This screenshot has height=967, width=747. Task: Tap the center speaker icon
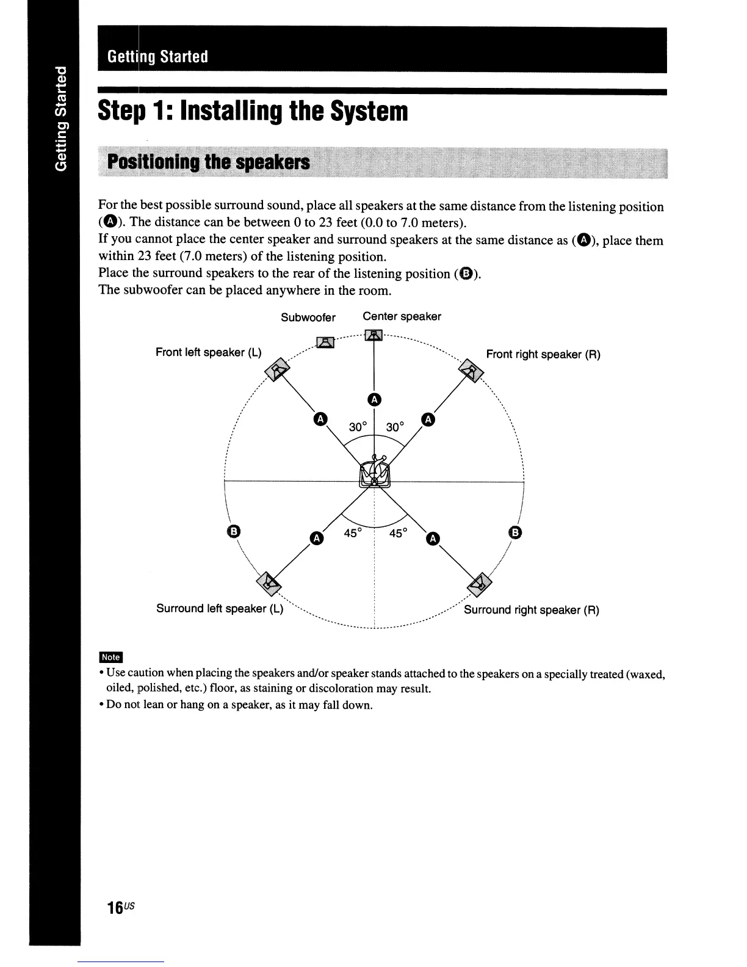click(373, 335)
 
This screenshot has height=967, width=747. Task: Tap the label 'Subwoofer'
click(308, 317)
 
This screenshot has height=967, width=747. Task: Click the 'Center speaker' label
click(402, 316)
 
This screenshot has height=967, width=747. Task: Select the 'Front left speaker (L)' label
click(208, 352)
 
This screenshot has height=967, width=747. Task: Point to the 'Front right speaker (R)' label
click(543, 354)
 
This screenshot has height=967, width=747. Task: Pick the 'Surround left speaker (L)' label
click(220, 609)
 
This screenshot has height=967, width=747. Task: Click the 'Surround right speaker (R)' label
click(532, 610)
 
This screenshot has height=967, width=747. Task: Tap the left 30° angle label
click(358, 427)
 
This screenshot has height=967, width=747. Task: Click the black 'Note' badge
click(110, 657)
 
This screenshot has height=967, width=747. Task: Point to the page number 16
click(115, 907)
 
